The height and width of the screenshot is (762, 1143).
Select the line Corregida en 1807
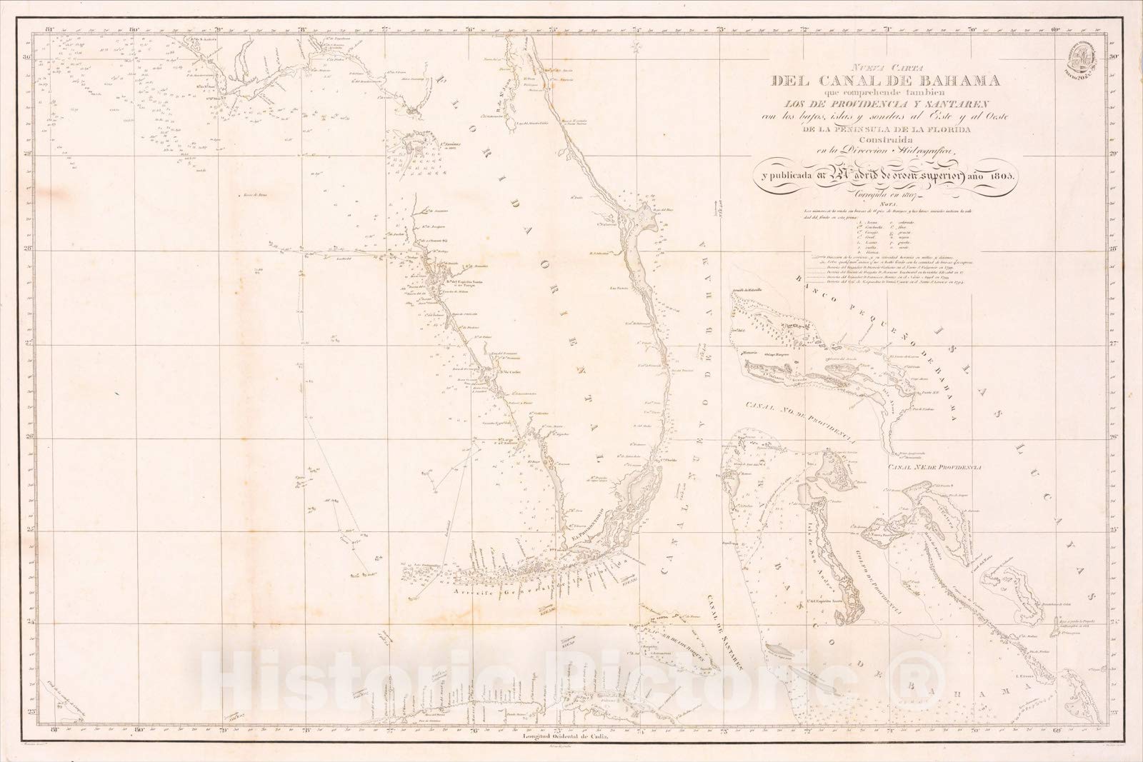click(x=867, y=194)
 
